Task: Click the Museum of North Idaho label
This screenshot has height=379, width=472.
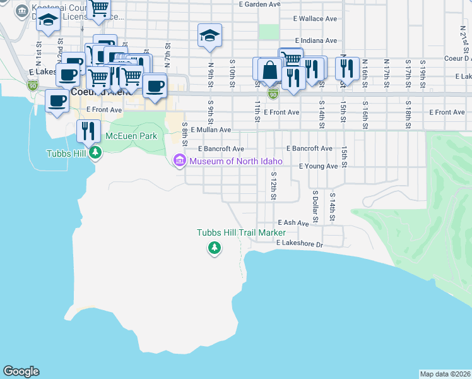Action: pyautogui.click(x=235, y=161)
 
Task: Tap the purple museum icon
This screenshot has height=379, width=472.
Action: pyautogui.click(x=180, y=161)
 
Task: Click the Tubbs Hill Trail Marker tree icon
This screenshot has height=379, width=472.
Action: pyautogui.click(x=215, y=248)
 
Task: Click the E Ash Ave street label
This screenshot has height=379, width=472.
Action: pyautogui.click(x=296, y=223)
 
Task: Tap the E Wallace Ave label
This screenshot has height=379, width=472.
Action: pyautogui.click(x=315, y=19)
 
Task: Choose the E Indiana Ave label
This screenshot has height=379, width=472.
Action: pyautogui.click(x=315, y=40)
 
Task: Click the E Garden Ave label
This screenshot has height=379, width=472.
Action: pyautogui.click(x=259, y=4)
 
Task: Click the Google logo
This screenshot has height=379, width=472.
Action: pyautogui.click(x=21, y=371)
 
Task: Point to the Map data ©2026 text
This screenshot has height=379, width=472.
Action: pyautogui.click(x=445, y=374)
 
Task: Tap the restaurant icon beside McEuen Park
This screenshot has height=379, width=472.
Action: pyautogui.click(x=88, y=130)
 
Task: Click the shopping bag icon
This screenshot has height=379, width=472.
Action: pyautogui.click(x=269, y=69)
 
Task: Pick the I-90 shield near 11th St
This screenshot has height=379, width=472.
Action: pyautogui.click(x=273, y=94)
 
